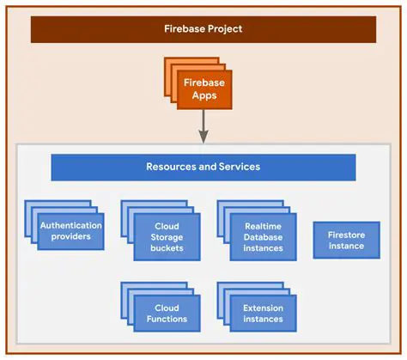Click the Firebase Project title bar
coord(203,28)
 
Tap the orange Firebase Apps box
coord(204,89)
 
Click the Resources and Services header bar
coord(203,167)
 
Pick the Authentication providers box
coord(71,231)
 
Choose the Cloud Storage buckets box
coord(167,236)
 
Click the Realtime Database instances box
coord(264,236)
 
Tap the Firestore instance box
coord(346,240)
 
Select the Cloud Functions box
coord(167,314)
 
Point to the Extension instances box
coord(263,314)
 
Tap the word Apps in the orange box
coord(204,95)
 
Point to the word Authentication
coord(71,226)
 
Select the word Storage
coord(167,236)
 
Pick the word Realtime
coord(264,226)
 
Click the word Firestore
coord(346,234)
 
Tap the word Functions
coord(167,319)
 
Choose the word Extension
coord(263,308)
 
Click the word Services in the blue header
coord(239,167)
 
